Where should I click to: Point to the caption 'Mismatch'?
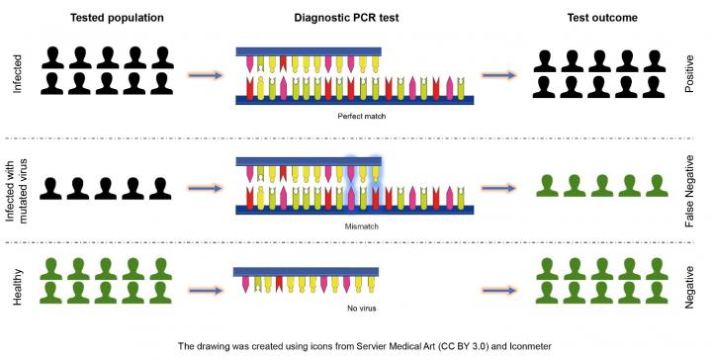tap(355, 226)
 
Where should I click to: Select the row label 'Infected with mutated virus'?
tap(17, 187)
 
